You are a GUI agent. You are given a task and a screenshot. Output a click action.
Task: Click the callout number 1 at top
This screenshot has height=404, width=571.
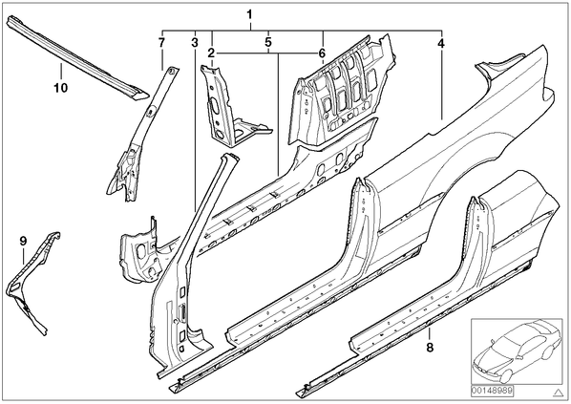249,14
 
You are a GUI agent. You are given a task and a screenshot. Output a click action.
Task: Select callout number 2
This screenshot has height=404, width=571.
212,53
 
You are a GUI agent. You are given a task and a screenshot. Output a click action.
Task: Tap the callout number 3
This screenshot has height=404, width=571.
195,43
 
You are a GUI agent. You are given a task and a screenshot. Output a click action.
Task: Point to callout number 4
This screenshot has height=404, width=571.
441,44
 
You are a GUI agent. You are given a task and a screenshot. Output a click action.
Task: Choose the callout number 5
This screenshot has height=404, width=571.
268,42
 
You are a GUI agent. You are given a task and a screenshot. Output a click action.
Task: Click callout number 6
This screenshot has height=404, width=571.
322,53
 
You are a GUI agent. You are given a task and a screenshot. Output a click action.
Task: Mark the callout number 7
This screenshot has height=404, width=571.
161,42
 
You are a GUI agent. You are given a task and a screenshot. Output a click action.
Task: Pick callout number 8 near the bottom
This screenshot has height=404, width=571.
430,348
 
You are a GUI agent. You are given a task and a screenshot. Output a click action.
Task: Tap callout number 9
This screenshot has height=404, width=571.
23,241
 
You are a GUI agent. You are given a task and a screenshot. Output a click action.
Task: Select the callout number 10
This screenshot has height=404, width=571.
61,88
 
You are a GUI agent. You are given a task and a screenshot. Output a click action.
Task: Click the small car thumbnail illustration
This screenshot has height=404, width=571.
517,351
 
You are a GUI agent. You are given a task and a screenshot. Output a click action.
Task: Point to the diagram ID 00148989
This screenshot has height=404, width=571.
492,391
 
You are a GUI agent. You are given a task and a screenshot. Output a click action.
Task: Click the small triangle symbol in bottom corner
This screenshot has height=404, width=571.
558,393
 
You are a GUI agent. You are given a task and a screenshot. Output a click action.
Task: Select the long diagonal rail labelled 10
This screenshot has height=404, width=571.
76,56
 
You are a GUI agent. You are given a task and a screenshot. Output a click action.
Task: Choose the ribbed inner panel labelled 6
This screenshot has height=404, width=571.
341,89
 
